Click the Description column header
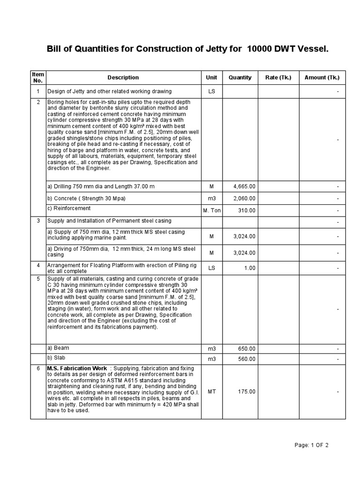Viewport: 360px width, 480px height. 123,77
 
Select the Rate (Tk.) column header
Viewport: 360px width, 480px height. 278,77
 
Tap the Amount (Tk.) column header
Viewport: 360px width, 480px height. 322,77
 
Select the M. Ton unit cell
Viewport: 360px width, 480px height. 211,210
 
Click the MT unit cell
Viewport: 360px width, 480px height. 211,391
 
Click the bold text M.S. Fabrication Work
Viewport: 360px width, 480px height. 77,368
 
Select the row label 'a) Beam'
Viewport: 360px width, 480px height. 58,348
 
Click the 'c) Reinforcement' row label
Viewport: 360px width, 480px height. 69,208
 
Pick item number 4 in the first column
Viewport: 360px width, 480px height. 38,265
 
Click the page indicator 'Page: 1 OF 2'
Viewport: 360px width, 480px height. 311,445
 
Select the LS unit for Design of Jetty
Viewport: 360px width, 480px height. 211,91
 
